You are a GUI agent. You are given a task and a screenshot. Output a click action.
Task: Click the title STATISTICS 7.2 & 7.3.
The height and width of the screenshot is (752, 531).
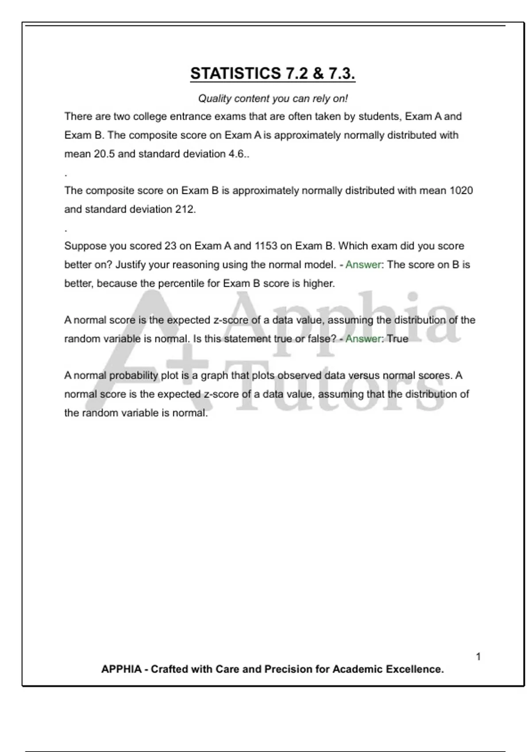273,73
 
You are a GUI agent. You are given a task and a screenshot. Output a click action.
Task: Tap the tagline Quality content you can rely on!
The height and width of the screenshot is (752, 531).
273,98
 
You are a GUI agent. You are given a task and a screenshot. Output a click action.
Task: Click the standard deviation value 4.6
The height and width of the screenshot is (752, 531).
238,154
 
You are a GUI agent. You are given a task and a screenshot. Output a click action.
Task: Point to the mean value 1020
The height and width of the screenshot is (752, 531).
461,191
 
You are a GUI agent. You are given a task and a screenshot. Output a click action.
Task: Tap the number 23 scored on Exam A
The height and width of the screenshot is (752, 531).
170,246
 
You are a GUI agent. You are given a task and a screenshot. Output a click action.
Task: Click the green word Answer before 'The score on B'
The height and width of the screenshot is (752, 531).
363,265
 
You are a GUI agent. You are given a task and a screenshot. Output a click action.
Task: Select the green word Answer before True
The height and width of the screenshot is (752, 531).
363,339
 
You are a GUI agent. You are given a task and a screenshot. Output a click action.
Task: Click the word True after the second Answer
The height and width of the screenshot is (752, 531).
397,339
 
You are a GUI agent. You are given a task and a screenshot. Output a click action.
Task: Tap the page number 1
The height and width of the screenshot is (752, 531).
478,657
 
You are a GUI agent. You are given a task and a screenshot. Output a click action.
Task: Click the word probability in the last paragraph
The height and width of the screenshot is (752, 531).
134,376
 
